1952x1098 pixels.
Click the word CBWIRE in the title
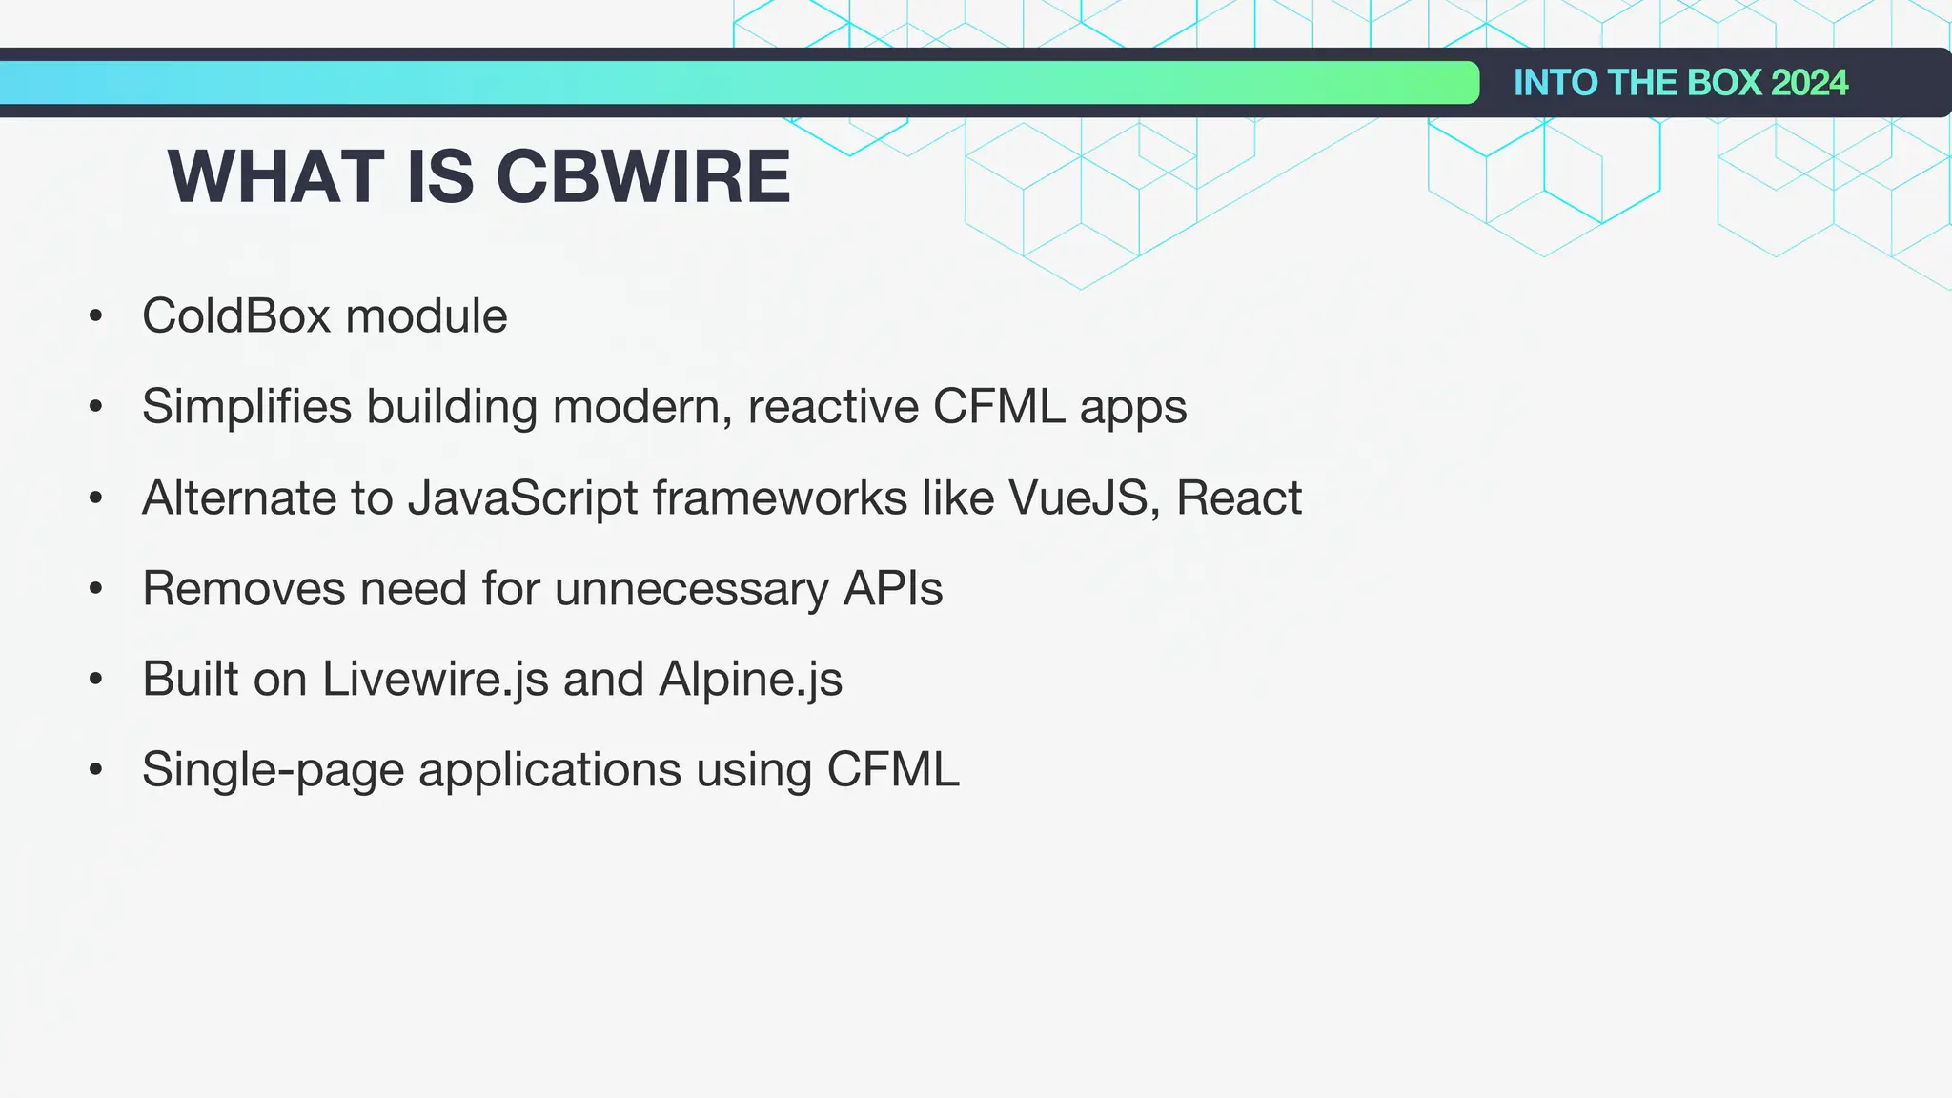(x=643, y=177)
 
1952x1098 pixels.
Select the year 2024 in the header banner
(x=1809, y=83)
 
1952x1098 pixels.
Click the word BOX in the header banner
(x=1724, y=83)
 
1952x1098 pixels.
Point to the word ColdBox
(x=236, y=315)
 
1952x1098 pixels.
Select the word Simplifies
(x=247, y=407)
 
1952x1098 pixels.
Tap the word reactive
(x=833, y=407)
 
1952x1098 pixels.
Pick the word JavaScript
(x=522, y=498)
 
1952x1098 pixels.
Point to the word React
(x=1238, y=498)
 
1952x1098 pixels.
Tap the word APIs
(x=893, y=588)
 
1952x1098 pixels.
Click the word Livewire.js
(x=436, y=680)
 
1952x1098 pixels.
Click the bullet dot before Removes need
(x=95, y=589)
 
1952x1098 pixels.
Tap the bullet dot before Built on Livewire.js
(x=95, y=680)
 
